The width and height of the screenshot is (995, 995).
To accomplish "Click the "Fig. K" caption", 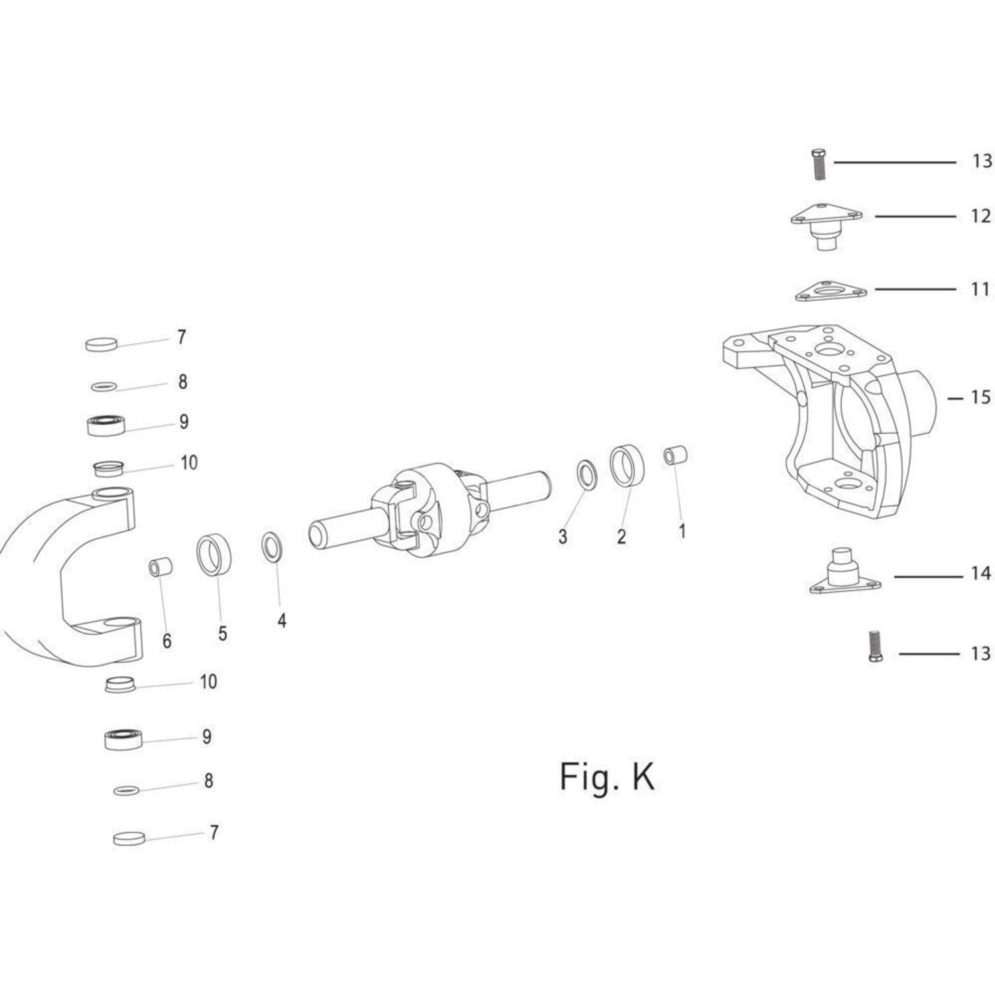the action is [607, 776].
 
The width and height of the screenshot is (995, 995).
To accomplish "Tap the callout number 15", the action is [980, 397].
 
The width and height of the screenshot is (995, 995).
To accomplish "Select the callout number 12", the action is [980, 216].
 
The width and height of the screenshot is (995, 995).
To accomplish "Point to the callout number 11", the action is [980, 289].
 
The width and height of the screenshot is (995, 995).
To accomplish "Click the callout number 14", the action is [980, 573].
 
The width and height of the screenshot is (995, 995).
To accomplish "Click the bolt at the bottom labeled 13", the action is [875, 646].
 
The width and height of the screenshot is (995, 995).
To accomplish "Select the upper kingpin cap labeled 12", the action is [825, 225].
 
